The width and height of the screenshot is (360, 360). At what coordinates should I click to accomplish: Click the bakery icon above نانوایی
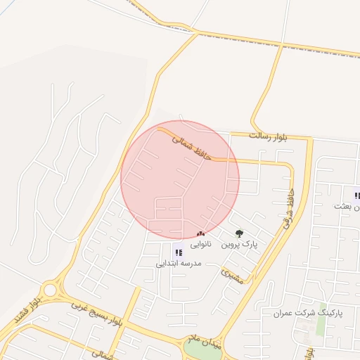201,233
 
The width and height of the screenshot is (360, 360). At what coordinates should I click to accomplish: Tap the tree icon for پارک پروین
239,233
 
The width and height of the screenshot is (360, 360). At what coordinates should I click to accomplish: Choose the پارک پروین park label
240,244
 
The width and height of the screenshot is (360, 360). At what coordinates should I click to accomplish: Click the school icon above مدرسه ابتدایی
178,252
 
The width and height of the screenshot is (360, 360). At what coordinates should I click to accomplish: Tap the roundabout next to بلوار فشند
50,290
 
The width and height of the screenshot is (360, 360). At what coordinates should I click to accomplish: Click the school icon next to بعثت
356,195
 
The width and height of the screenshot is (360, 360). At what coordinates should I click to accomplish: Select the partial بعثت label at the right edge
349,207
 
